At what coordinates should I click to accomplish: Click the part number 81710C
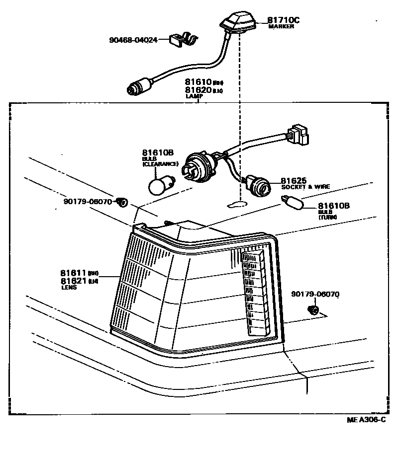click(284, 20)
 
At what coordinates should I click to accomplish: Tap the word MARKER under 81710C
click(281, 27)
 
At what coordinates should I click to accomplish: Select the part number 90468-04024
click(133, 39)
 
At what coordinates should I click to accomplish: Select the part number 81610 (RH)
click(198, 82)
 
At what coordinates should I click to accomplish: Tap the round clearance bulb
click(160, 185)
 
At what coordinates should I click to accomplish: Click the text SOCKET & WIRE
click(305, 187)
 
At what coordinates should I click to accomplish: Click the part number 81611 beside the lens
click(74, 273)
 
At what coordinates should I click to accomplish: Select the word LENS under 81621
click(69, 287)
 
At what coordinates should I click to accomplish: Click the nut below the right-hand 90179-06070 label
click(314, 311)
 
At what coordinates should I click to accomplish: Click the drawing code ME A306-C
click(366, 420)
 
